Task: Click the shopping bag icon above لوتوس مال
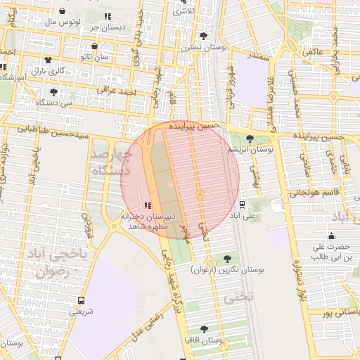[x=63, y=11]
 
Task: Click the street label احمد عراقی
[x=116, y=91]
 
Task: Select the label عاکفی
[x=311, y=52]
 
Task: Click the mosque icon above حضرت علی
[x=330, y=236]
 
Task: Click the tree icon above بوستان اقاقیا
[x=205, y=328]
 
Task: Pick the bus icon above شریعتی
[x=82, y=300]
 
